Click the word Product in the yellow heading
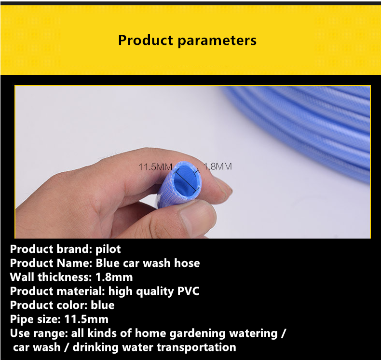point(145,40)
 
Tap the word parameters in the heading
point(217,41)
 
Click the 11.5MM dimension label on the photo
point(155,167)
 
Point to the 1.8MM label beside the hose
point(218,166)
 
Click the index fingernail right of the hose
point(223,185)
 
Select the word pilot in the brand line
point(108,249)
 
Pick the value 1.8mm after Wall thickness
point(114,277)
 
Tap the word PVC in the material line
point(188,291)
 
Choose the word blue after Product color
point(103,305)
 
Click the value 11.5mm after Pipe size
point(86,319)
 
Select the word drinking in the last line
point(95,347)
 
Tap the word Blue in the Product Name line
point(108,263)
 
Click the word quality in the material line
point(155,291)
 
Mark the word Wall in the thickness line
point(22,277)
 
